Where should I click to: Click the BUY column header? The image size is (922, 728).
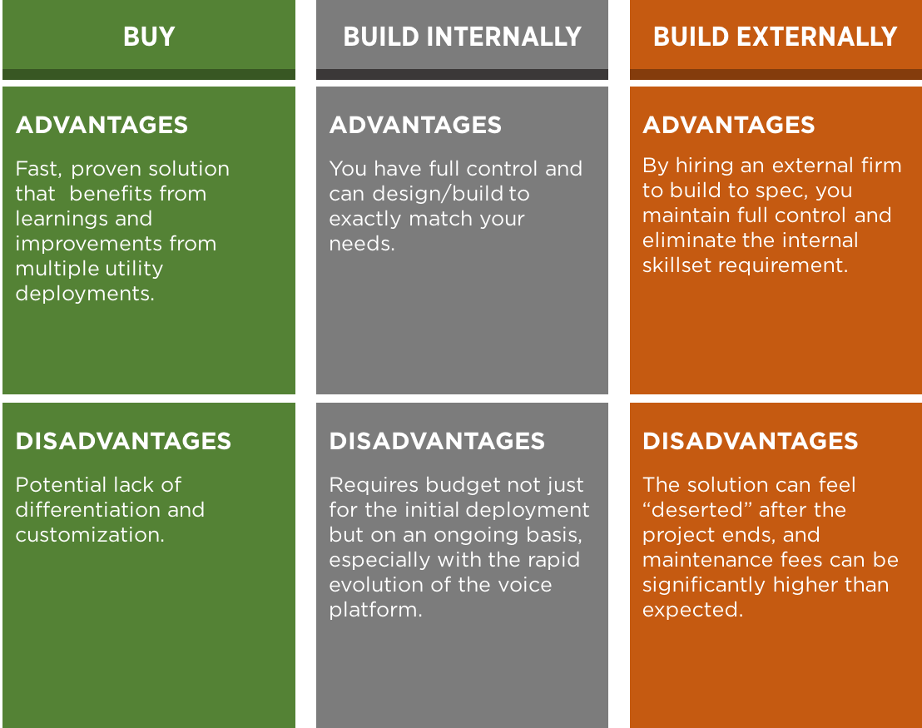click(149, 37)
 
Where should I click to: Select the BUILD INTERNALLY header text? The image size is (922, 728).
click(462, 37)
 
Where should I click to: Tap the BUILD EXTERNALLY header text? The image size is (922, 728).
click(775, 37)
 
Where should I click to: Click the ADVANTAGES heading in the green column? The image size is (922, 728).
click(102, 125)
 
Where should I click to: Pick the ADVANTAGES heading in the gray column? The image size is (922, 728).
click(415, 125)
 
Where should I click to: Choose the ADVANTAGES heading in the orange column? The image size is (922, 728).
click(729, 125)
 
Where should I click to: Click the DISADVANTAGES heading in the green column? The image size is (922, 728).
click(123, 441)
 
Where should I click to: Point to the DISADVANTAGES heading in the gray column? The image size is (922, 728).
click(437, 441)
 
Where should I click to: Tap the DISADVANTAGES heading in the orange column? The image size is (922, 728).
click(751, 441)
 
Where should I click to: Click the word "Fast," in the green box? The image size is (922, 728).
click(38, 169)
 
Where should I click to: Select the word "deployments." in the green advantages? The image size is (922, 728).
click(85, 294)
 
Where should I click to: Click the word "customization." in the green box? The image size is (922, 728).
click(90, 534)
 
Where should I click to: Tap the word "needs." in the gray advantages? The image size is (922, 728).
click(362, 244)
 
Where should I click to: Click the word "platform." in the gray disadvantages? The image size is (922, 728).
click(376, 610)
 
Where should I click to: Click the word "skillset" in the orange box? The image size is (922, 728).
click(677, 265)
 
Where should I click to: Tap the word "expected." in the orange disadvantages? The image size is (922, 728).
click(692, 610)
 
